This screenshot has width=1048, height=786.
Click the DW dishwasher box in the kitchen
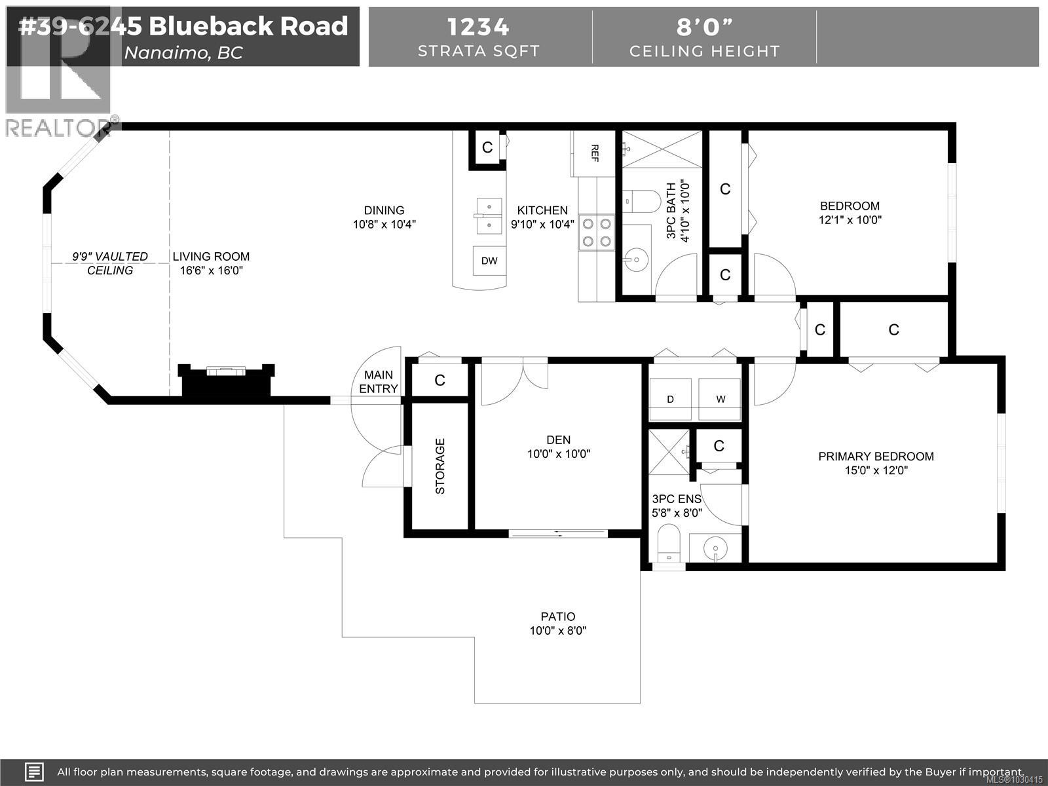point(489,261)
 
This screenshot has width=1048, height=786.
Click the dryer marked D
point(670,399)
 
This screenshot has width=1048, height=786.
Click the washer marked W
point(720,399)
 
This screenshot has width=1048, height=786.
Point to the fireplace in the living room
point(226,380)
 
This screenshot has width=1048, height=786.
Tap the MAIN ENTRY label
point(379,382)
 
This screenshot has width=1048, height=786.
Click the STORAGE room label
point(440,466)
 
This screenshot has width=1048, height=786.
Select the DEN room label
point(559,440)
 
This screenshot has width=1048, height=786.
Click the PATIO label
point(558,616)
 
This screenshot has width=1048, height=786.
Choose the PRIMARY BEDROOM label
point(876,457)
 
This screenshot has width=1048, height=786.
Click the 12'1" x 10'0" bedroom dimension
point(850,220)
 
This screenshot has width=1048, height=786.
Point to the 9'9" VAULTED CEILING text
point(110,263)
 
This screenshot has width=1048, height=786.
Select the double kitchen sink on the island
point(488,216)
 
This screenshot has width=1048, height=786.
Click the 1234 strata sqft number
point(478,27)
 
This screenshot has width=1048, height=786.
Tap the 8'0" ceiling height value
point(704,27)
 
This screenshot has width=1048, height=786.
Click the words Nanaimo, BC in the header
point(183,52)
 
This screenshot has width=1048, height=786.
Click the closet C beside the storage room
point(440,380)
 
